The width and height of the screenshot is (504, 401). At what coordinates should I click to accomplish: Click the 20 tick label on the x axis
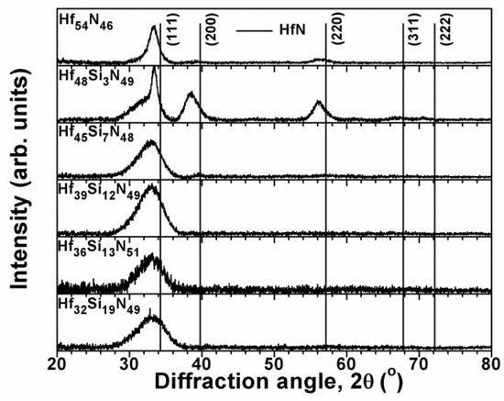point(57,362)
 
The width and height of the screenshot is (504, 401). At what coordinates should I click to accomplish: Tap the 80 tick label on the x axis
point(491,362)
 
